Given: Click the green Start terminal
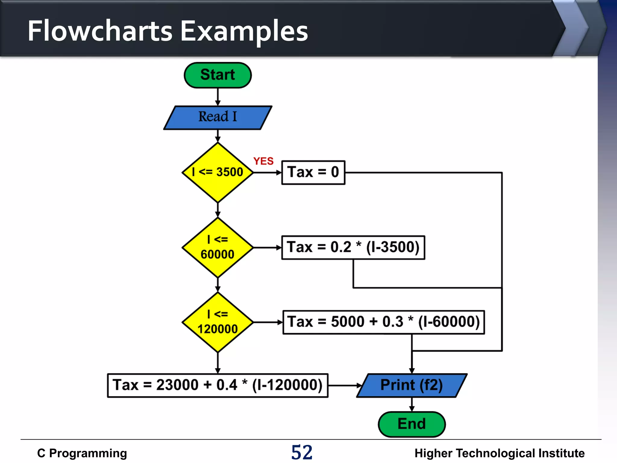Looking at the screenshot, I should click(x=218, y=75).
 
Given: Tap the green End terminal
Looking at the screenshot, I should click(x=412, y=424).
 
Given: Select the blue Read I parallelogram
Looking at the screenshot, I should click(x=218, y=118).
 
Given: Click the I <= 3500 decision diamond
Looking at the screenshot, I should click(x=218, y=172).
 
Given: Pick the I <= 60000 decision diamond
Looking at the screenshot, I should click(x=218, y=247).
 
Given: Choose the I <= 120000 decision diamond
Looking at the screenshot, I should click(x=218, y=322).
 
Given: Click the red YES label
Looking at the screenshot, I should click(x=263, y=161).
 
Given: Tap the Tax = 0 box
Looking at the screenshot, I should click(x=313, y=172).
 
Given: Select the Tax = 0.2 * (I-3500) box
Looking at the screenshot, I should click(x=353, y=247).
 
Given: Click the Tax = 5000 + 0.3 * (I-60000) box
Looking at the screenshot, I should click(x=384, y=322).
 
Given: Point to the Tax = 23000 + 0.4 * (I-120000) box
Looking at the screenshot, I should click(x=218, y=386).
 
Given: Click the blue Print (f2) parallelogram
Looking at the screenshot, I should click(x=412, y=386).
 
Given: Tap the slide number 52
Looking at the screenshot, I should click(x=302, y=452).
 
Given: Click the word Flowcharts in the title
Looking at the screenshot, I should click(x=100, y=31).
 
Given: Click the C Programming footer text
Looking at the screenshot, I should click(x=82, y=453).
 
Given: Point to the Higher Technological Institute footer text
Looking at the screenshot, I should click(x=499, y=453).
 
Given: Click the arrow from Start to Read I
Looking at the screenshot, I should click(x=218, y=97).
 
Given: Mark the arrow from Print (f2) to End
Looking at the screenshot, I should click(x=412, y=405).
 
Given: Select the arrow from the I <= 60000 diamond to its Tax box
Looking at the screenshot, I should click(x=267, y=247).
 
